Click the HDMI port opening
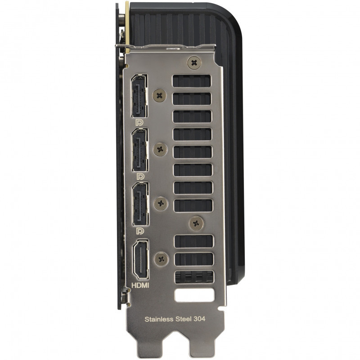point(141,260)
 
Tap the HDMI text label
point(140,285)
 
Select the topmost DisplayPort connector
point(139,96)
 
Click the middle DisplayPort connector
point(140,150)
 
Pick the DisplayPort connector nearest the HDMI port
point(140,204)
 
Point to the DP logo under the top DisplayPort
point(139,123)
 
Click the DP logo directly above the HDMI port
point(140,231)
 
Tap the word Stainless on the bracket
point(159,319)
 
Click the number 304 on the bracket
point(199,319)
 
